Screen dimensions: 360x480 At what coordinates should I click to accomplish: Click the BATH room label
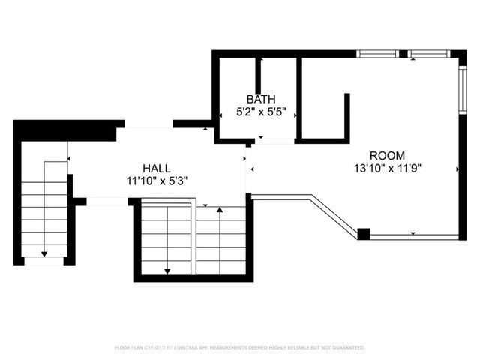(x=261, y=99)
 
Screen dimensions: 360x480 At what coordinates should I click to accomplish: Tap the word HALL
(x=157, y=169)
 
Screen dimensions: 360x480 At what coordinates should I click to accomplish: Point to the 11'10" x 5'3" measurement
(x=157, y=181)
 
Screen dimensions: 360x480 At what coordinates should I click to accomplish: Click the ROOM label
(x=388, y=156)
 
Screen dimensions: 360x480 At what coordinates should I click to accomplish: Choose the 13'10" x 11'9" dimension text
(x=388, y=169)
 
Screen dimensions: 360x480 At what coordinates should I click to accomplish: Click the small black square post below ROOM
(x=364, y=234)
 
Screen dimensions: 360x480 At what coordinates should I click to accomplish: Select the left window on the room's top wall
(x=378, y=54)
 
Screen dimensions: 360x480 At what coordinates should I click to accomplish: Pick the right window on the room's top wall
(x=429, y=54)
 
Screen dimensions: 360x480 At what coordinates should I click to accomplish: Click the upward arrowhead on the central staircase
(x=219, y=211)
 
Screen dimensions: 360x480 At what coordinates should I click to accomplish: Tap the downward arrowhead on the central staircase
(x=167, y=270)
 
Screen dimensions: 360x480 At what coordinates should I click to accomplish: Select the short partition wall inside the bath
(x=258, y=75)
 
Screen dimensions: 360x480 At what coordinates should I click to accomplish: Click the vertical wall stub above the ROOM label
(x=347, y=115)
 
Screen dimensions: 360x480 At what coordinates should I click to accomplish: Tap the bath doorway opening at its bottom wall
(x=276, y=140)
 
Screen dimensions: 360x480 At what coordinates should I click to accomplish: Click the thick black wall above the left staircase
(x=64, y=129)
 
